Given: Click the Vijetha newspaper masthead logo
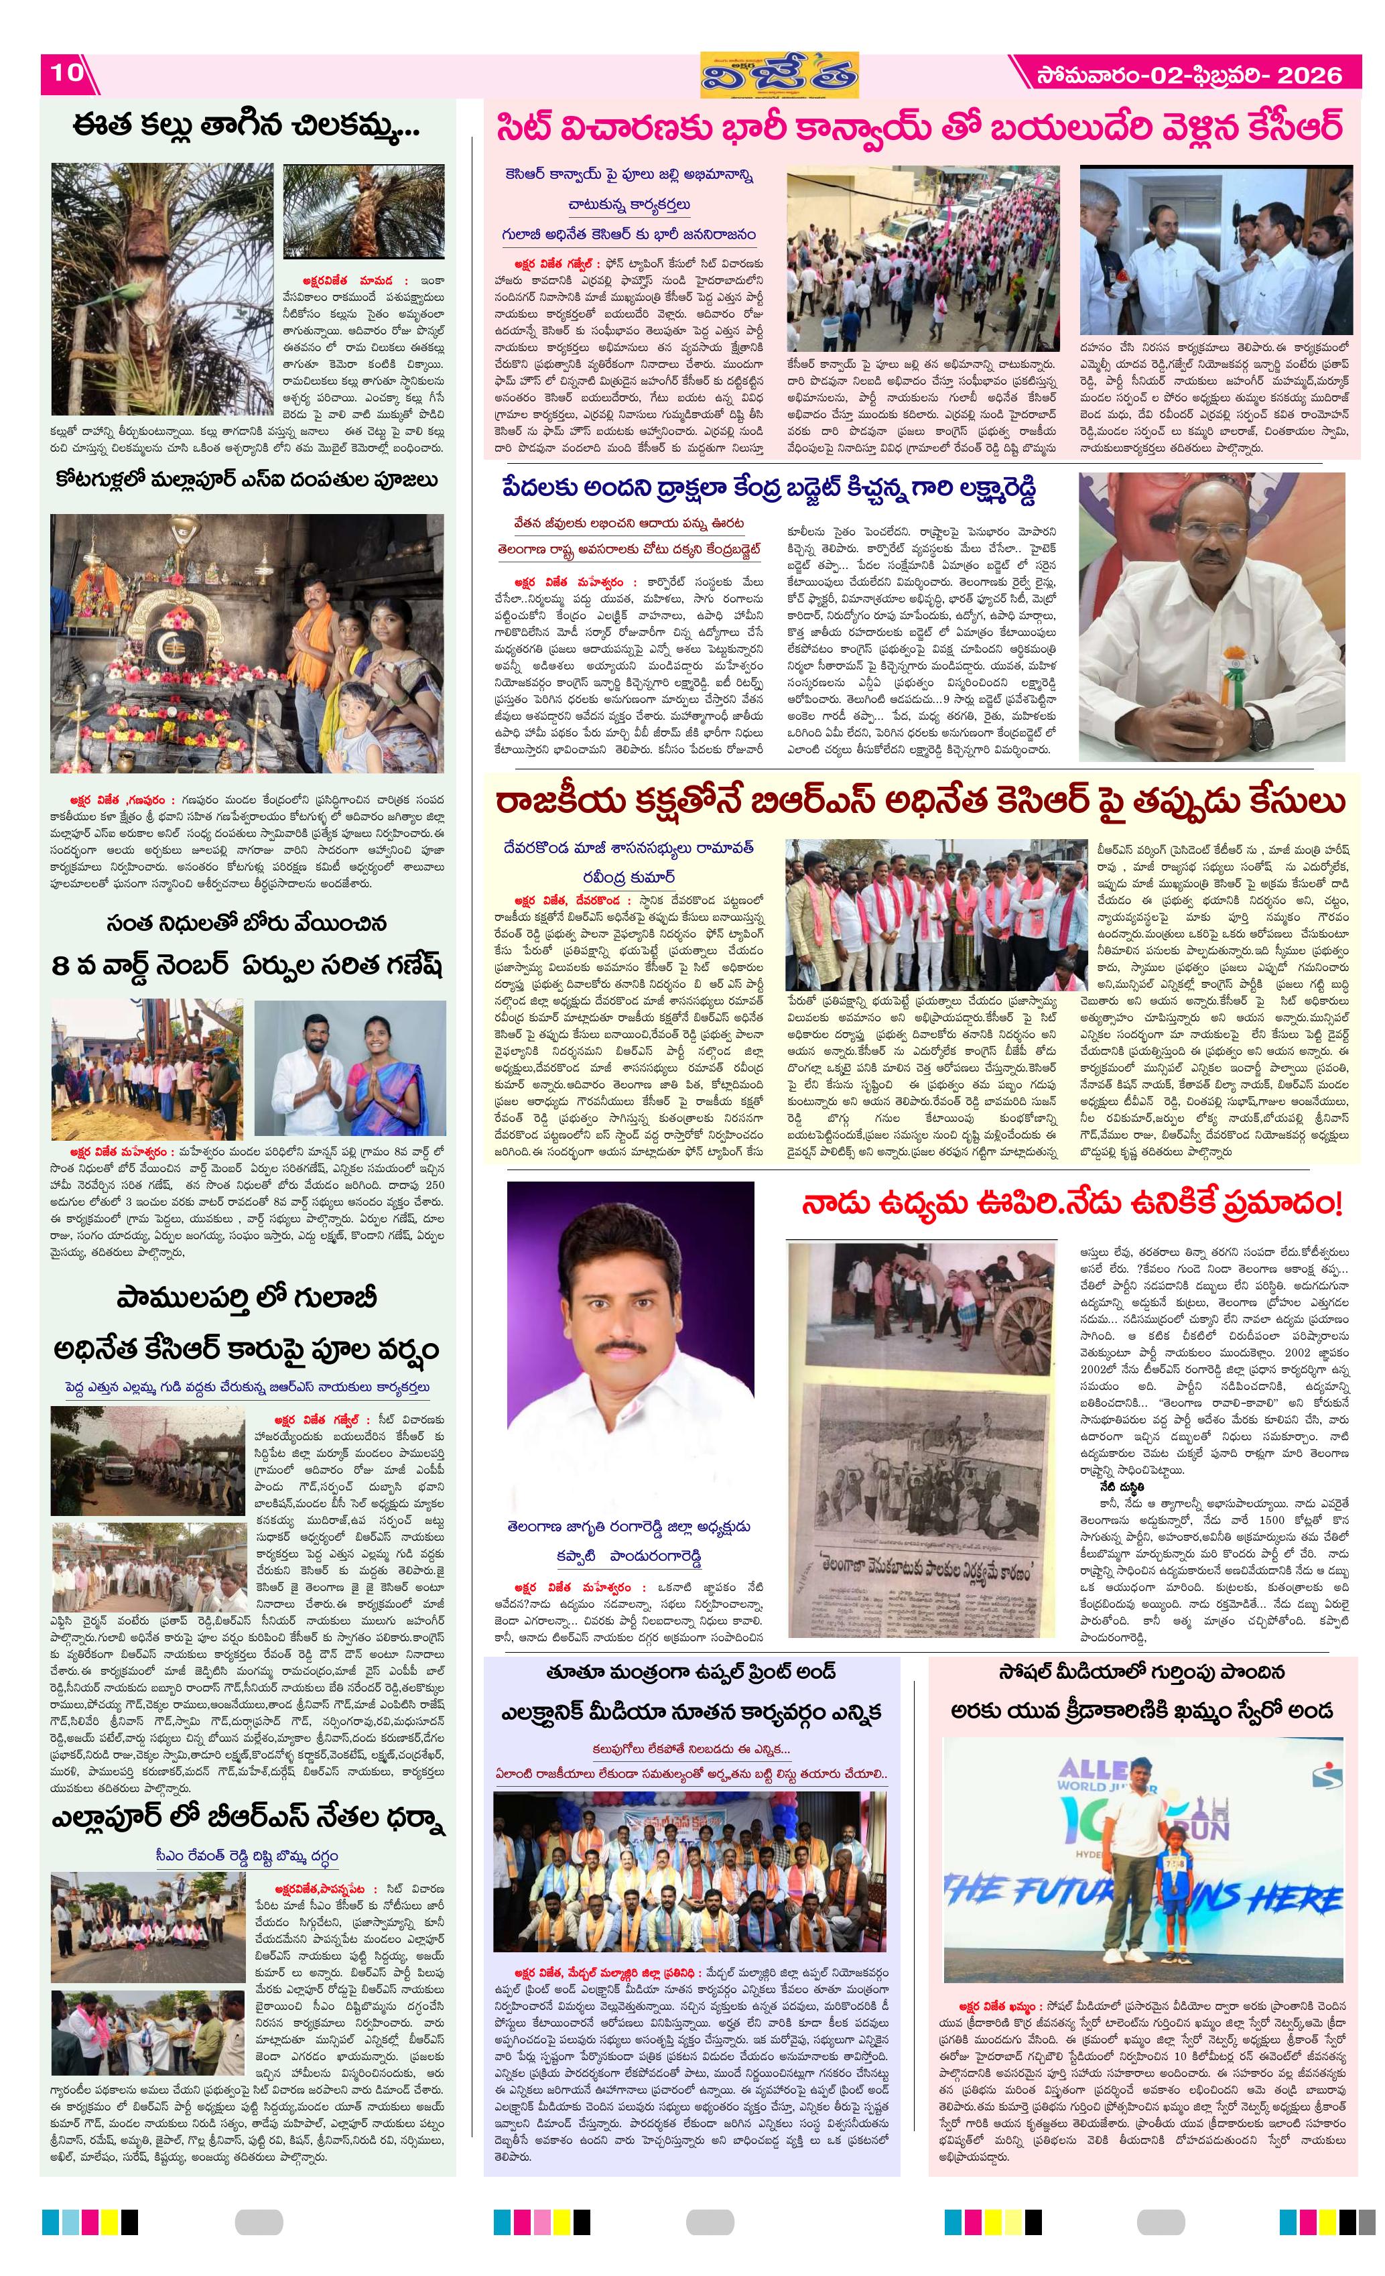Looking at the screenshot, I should point(779,75).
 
